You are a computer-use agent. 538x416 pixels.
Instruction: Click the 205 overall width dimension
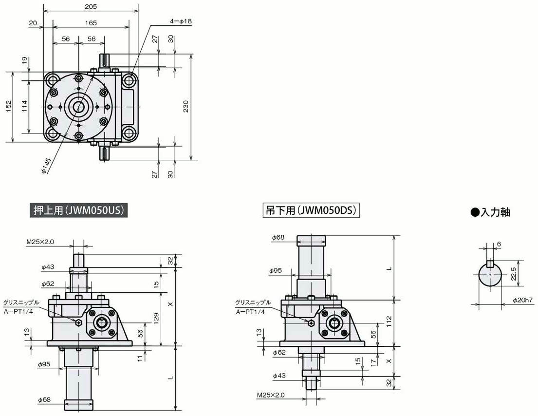click(91, 6)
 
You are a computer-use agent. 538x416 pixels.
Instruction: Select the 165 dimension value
click(91, 23)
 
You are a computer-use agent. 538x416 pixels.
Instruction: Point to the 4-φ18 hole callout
click(181, 21)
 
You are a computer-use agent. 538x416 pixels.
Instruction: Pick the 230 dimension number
click(186, 106)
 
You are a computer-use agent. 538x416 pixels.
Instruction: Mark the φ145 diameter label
click(46, 166)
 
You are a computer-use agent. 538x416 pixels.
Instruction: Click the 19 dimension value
click(24, 61)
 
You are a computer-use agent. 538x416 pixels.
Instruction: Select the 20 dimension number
click(33, 23)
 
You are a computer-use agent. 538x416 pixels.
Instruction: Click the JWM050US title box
click(78, 210)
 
